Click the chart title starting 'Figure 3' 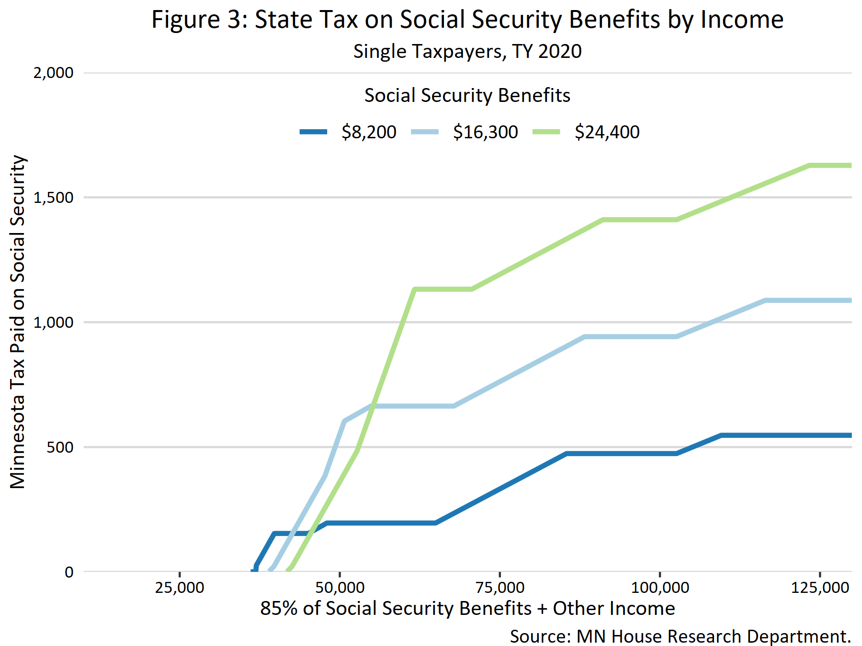pos(467,20)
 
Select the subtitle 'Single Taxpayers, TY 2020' pos(467,51)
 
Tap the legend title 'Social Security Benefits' pos(467,95)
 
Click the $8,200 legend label pos(369,132)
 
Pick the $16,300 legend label pos(485,132)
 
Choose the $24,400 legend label pos(607,132)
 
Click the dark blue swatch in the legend pos(314,132)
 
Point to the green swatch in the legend pos(546,132)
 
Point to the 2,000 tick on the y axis pos(53,73)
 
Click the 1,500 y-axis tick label pos(53,198)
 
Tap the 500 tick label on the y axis pos(60,447)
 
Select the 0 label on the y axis pos(69,572)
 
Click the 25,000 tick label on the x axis pos(180,588)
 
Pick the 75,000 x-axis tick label pos(499,588)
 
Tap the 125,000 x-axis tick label pos(820,588)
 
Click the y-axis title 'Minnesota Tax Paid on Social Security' pos(18,322)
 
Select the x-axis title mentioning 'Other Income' pos(467,609)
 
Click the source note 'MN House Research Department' pos(680,636)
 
